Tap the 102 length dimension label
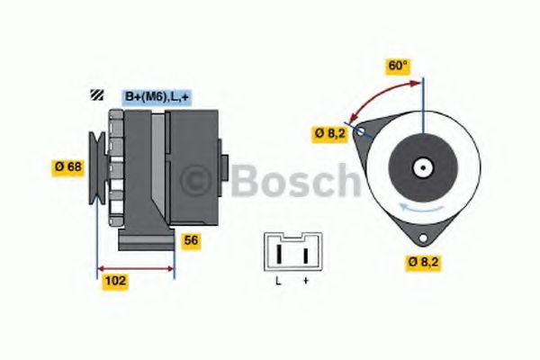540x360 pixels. coord(115,281)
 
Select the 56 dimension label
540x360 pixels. coord(191,240)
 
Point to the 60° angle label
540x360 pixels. coord(397,66)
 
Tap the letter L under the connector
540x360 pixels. coord(279,282)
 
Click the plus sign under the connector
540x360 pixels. coord(306,282)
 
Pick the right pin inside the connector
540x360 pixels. coord(306,255)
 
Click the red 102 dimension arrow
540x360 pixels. coord(136,267)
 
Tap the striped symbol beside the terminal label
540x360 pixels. coord(94,95)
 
